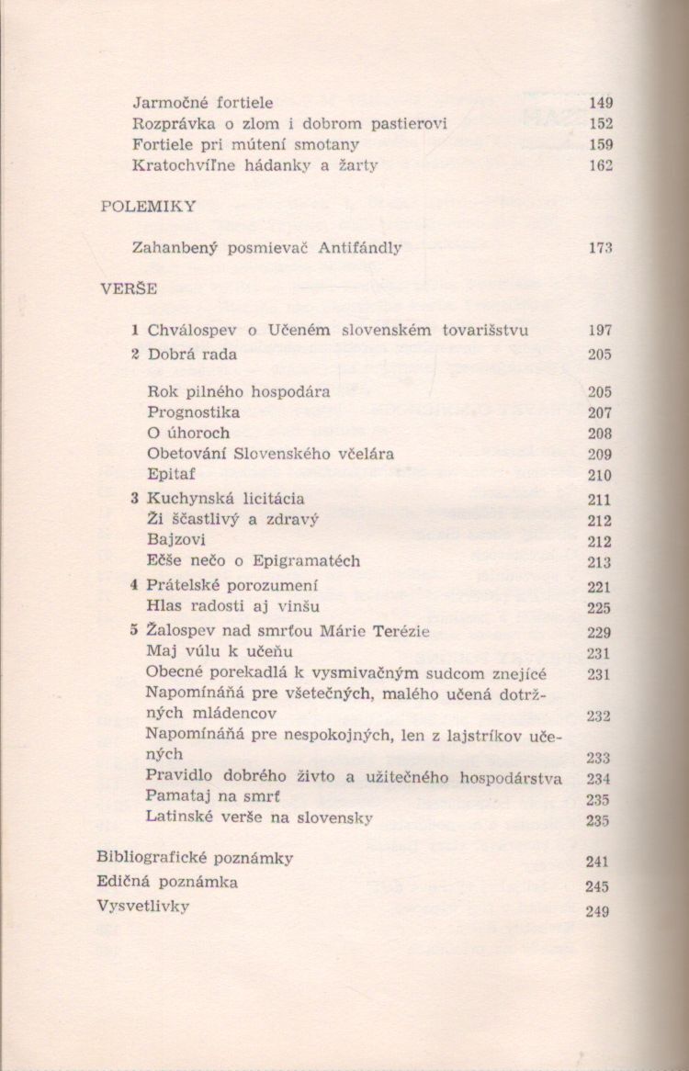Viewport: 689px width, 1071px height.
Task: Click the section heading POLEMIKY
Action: click(148, 207)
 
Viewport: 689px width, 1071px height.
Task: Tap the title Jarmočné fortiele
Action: click(203, 103)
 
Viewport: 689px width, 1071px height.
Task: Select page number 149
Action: click(601, 103)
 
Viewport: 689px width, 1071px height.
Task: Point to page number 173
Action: click(601, 248)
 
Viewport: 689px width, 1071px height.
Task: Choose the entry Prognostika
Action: click(193, 412)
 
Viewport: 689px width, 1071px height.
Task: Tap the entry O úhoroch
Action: click(188, 433)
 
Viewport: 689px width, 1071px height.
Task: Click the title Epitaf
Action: click(169, 475)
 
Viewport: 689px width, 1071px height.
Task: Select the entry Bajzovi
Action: click(175, 540)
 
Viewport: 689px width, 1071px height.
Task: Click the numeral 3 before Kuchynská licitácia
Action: click(134, 499)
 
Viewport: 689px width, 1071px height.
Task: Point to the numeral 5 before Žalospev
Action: click(134, 631)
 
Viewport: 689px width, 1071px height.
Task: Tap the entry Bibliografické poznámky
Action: click(195, 858)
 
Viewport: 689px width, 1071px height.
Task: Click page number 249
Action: click(597, 912)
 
